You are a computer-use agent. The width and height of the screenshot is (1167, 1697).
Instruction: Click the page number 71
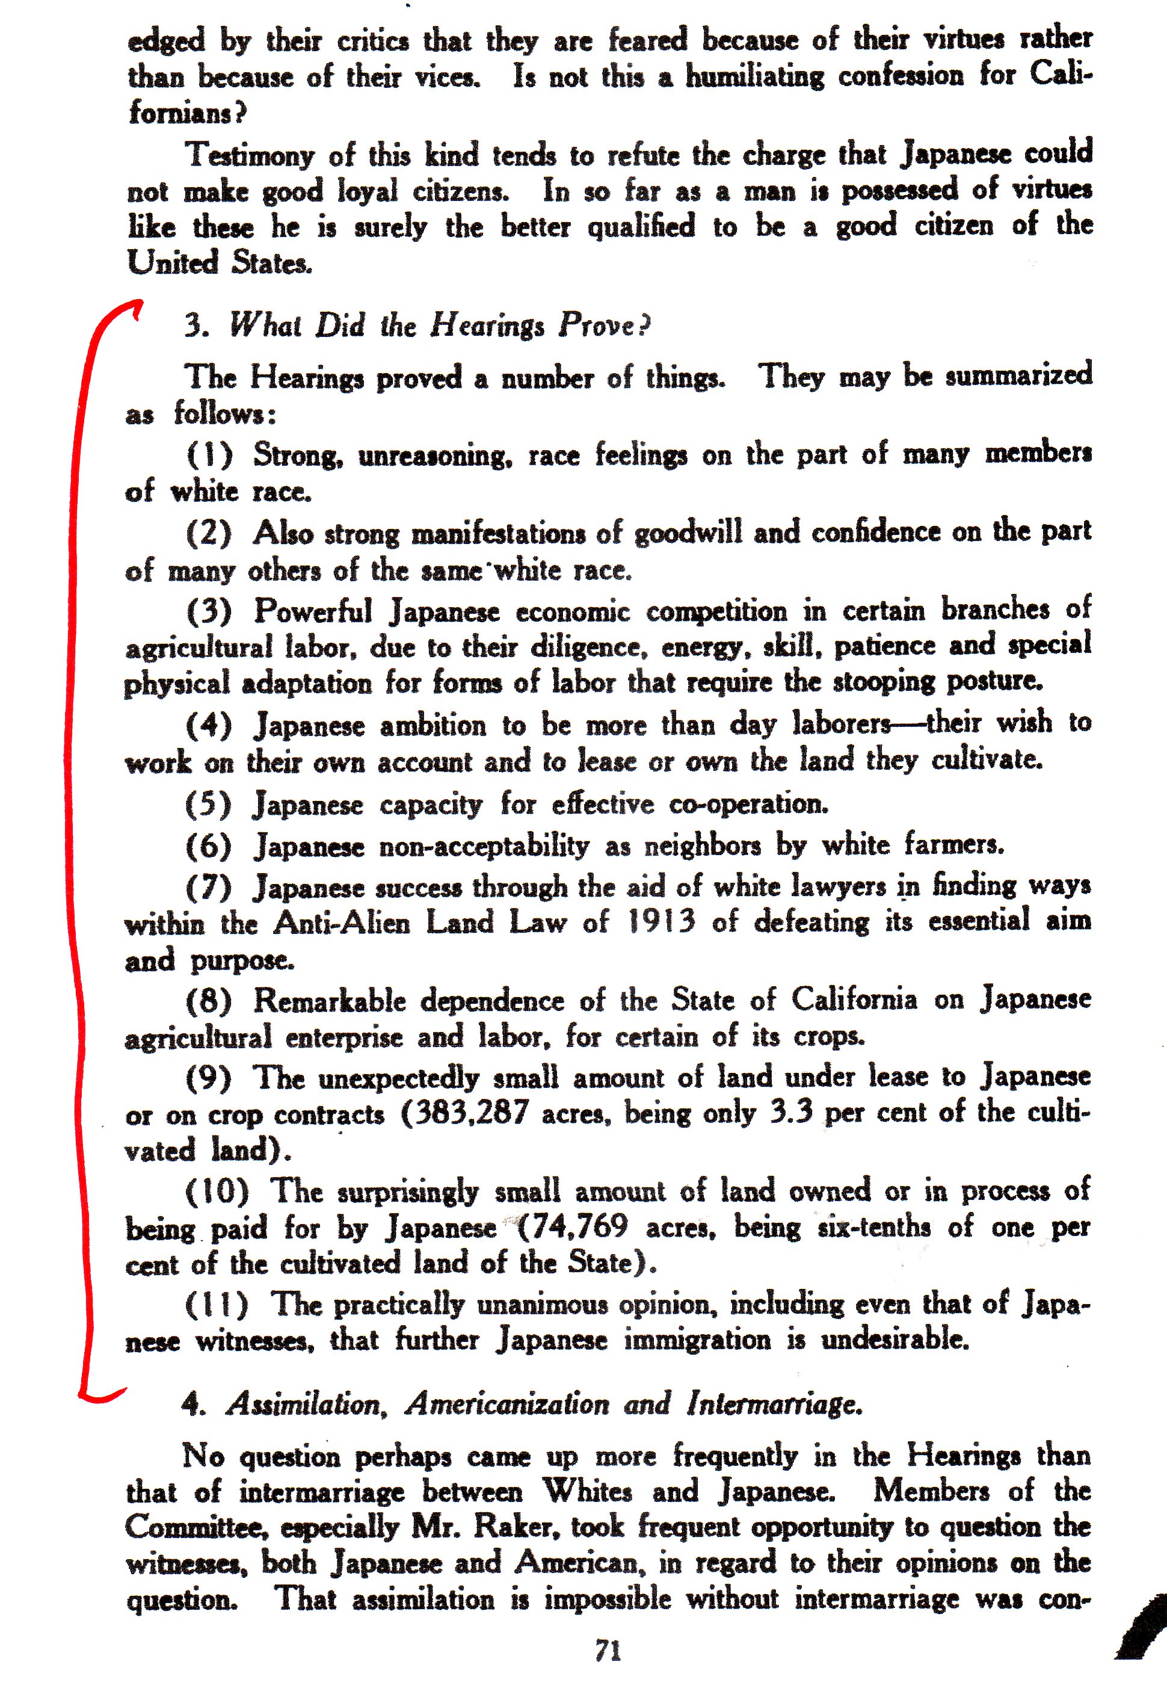608,1651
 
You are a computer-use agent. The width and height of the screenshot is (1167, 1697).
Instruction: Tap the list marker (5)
208,805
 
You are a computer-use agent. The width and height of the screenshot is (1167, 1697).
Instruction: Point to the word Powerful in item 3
313,611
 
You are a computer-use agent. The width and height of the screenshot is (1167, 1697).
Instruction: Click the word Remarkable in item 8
329,1001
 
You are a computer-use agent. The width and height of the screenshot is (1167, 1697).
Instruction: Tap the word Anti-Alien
342,923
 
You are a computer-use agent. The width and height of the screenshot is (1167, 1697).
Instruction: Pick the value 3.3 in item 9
791,1113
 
